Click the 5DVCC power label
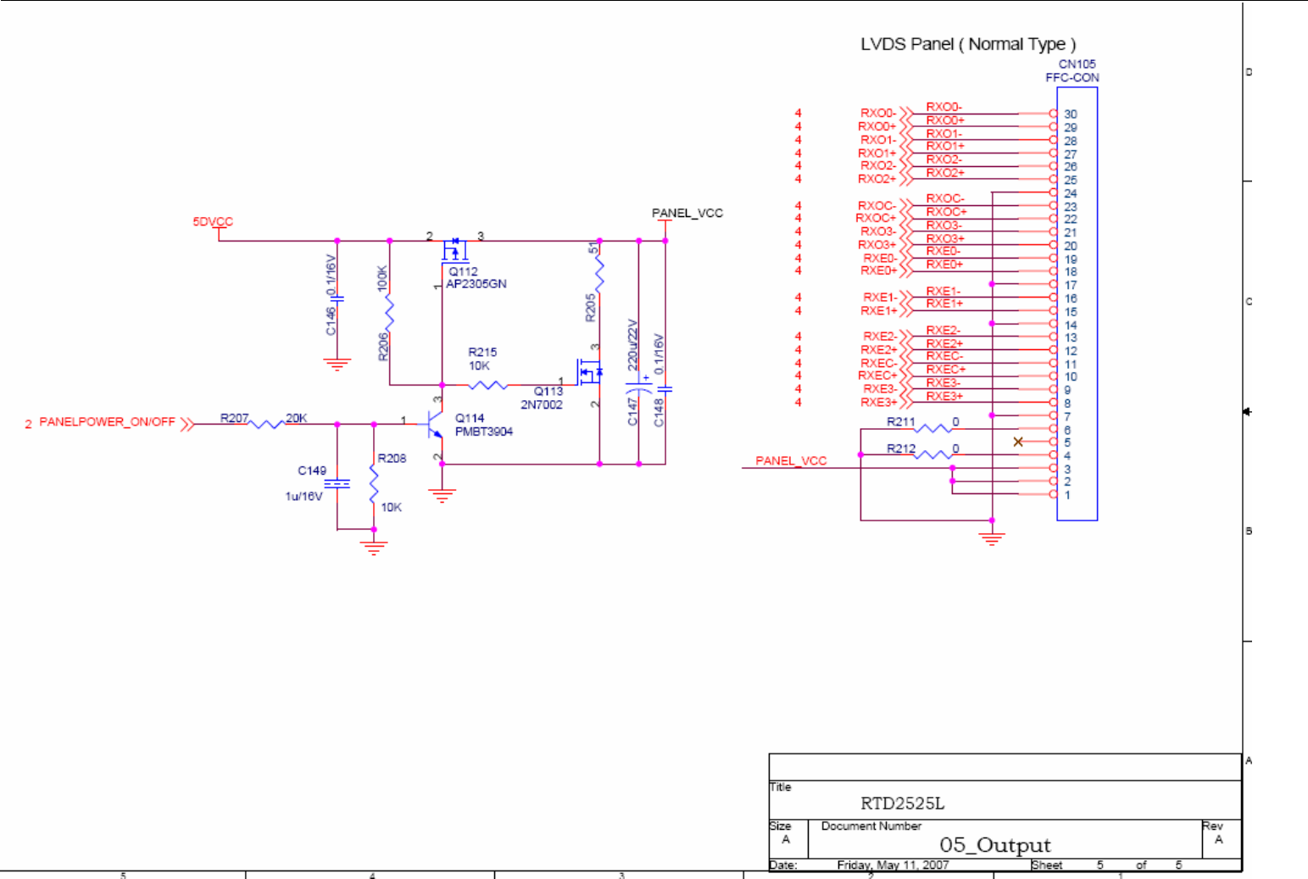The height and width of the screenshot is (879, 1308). [213, 221]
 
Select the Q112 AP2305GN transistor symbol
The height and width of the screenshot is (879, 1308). [454, 250]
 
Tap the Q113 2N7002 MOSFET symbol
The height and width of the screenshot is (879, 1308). [589, 372]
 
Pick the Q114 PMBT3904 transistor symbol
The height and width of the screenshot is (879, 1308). [433, 424]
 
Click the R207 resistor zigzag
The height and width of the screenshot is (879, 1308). [267, 424]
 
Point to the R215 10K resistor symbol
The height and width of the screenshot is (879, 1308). [487, 385]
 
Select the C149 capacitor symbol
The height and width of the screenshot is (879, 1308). [337, 484]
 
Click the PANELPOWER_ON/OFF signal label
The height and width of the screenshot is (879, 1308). [108, 421]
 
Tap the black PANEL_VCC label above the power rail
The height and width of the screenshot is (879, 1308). [687, 213]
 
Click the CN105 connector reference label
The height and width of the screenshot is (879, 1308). [1077, 64]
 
